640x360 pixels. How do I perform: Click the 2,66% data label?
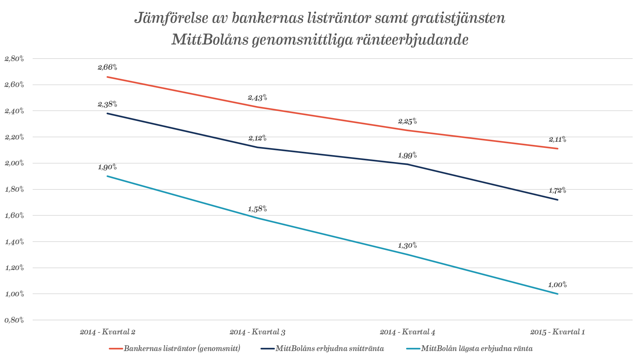(x=108, y=68)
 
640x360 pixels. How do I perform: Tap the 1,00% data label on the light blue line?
(x=557, y=285)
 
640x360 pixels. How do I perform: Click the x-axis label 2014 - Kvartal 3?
(x=257, y=332)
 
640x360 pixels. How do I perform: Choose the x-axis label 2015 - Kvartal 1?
(x=557, y=332)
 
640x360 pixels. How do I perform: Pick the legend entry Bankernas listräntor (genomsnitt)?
(x=182, y=348)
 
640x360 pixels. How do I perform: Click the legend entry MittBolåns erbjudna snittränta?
(x=330, y=348)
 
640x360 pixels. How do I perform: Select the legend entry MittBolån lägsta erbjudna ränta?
(x=477, y=348)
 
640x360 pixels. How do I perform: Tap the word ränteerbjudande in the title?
(x=413, y=40)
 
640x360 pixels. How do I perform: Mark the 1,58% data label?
(x=258, y=209)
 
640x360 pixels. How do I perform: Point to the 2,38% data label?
(x=108, y=104)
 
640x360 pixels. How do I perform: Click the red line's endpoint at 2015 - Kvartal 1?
(x=558, y=148)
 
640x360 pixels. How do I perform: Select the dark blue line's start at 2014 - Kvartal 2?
(x=107, y=113)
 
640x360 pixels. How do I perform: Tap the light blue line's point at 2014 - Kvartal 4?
(x=407, y=255)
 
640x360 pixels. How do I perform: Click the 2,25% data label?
(x=407, y=122)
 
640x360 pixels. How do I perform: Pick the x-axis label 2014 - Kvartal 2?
(x=108, y=332)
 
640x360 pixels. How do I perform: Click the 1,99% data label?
(x=407, y=156)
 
